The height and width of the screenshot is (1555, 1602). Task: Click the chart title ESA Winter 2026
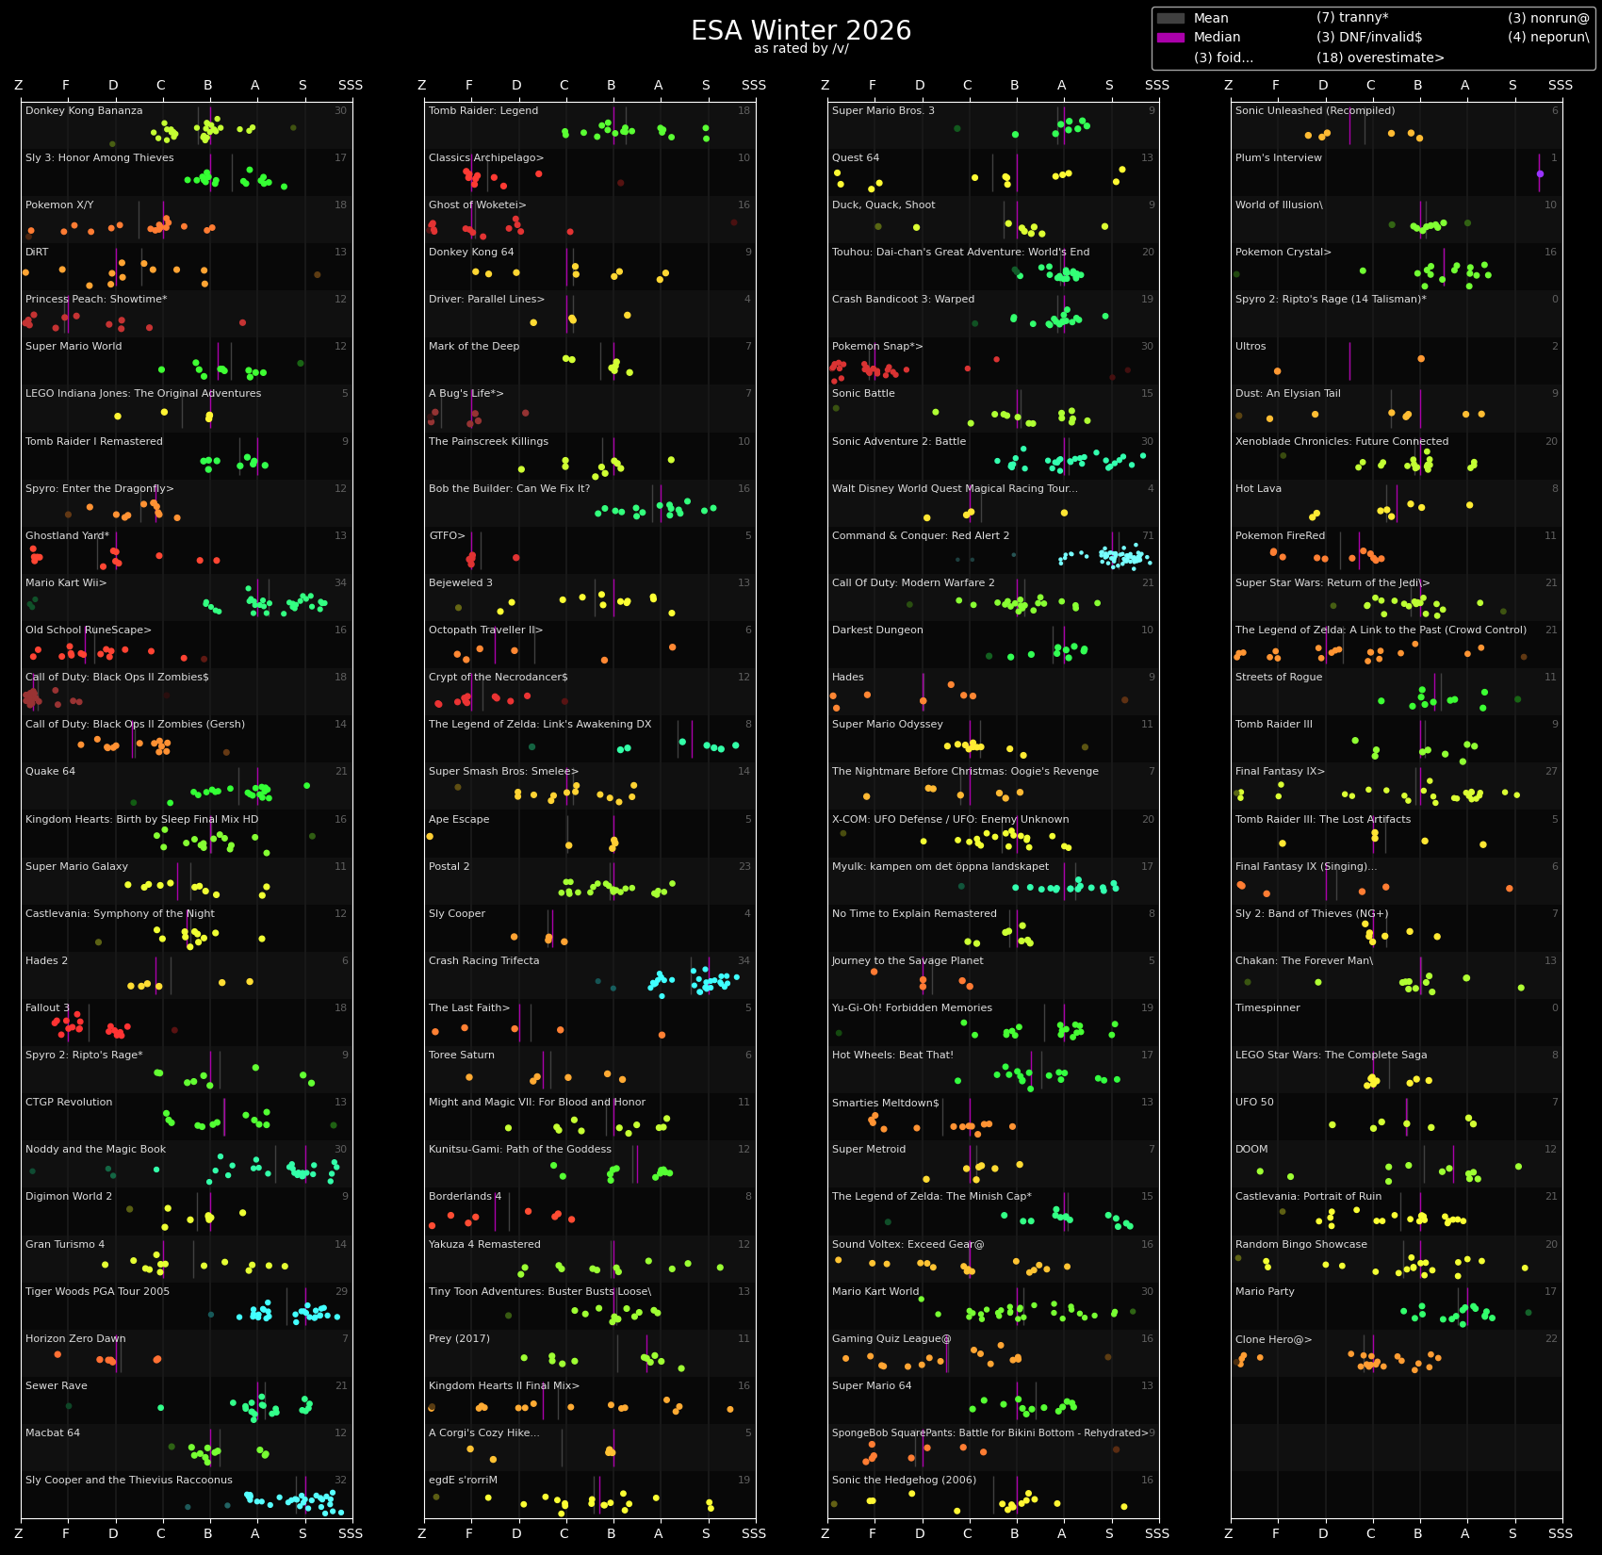click(801, 30)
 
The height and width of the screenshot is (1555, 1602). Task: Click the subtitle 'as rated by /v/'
click(801, 49)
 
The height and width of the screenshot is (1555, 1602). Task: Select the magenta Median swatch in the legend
click(1170, 38)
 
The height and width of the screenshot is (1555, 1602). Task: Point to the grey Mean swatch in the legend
click(1170, 18)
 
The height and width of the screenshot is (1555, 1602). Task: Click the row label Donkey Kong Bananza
click(84, 111)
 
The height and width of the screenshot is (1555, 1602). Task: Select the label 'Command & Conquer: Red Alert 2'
click(921, 536)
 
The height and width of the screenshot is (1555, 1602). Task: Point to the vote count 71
click(1147, 536)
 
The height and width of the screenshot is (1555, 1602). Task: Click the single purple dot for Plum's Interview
click(1540, 173)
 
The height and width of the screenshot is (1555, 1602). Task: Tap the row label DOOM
click(1251, 1150)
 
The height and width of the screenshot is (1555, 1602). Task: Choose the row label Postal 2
click(449, 867)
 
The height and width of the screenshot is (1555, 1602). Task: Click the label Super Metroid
click(869, 1150)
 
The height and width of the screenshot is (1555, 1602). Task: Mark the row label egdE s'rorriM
click(463, 1481)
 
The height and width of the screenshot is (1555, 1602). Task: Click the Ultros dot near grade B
click(1421, 358)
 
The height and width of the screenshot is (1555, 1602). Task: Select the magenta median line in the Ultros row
click(1349, 361)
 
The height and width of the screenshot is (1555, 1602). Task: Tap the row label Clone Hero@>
click(1273, 1339)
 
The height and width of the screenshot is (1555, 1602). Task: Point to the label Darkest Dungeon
click(877, 630)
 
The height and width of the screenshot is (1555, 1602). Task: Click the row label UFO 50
click(1254, 1103)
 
